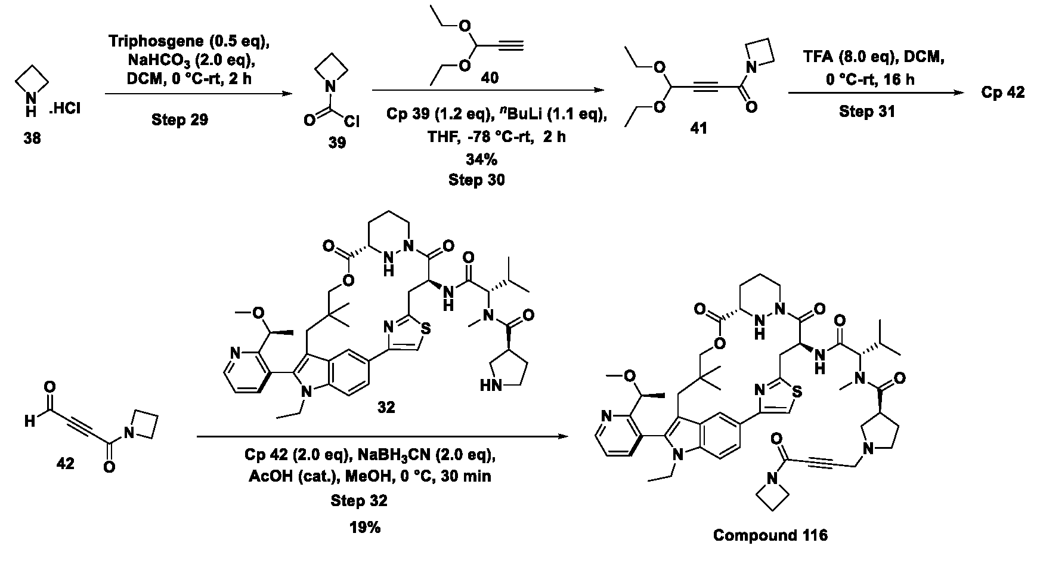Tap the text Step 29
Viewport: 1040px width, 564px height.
click(x=179, y=119)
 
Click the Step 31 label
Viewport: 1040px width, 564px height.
click(x=867, y=112)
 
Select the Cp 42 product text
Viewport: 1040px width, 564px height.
click(x=1003, y=93)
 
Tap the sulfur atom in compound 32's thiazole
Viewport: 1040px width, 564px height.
click(x=425, y=328)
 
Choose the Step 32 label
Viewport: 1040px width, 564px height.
click(x=359, y=501)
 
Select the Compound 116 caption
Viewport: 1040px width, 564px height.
click(x=770, y=535)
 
